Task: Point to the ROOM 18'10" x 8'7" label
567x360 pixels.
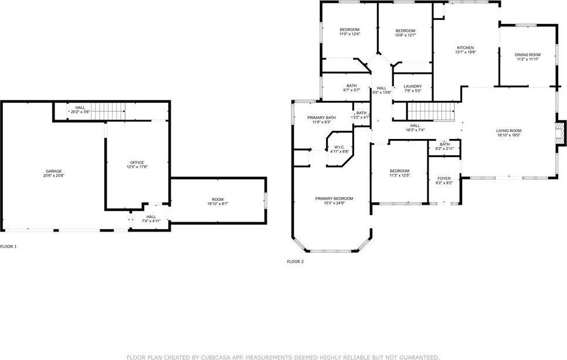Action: [x=218, y=201]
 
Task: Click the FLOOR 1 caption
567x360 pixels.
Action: [x=8, y=246]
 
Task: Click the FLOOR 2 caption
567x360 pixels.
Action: [x=296, y=261]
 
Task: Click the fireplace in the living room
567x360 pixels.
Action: [x=560, y=133]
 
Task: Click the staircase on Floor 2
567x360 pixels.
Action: [x=431, y=111]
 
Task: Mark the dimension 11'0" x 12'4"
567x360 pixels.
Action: [x=349, y=34]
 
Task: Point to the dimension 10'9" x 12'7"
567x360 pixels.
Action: [x=405, y=35]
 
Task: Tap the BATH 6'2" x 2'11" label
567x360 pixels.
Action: [x=445, y=147]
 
